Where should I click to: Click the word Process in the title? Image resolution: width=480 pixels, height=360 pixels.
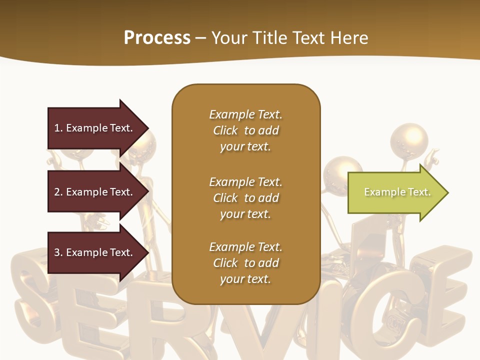point(157,37)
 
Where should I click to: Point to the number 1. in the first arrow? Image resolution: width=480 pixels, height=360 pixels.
point(58,128)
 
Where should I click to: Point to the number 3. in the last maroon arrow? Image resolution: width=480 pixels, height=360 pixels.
point(58,252)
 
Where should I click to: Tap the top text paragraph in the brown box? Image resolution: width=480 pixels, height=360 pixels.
point(245,130)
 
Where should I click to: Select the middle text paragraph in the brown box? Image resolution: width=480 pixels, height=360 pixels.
point(245,198)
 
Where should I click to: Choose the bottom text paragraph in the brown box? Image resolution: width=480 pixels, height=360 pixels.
point(245,263)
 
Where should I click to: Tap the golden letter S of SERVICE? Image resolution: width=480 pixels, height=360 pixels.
point(37,300)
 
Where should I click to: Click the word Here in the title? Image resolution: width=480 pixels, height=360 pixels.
point(349,37)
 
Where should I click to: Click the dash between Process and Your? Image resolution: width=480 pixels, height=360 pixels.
point(201,38)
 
